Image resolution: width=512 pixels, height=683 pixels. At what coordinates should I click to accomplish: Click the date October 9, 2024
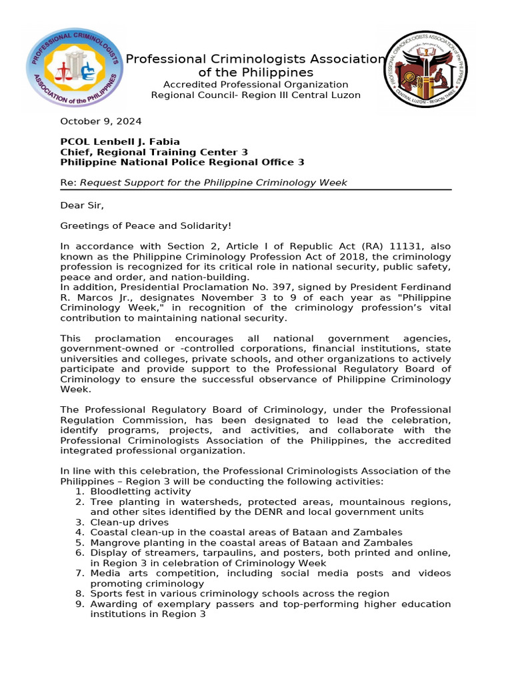tap(101, 121)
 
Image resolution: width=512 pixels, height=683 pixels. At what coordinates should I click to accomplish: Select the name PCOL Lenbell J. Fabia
tap(120, 141)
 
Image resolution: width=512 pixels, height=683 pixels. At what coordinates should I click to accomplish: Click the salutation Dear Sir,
tap(83, 205)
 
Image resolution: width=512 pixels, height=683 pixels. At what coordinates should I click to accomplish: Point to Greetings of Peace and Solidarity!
tap(146, 226)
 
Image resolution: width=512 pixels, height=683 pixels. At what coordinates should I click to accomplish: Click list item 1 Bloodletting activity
tap(140, 492)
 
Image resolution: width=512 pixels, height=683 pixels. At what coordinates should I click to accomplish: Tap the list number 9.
tap(79, 604)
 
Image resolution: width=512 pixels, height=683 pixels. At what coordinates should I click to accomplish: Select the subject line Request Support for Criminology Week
tap(213, 182)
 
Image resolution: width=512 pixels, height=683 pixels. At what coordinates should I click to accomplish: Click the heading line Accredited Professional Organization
tap(256, 84)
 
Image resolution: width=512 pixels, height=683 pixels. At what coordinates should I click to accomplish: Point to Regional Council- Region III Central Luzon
tap(256, 95)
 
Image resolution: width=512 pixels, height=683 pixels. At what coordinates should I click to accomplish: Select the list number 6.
tap(79, 553)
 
